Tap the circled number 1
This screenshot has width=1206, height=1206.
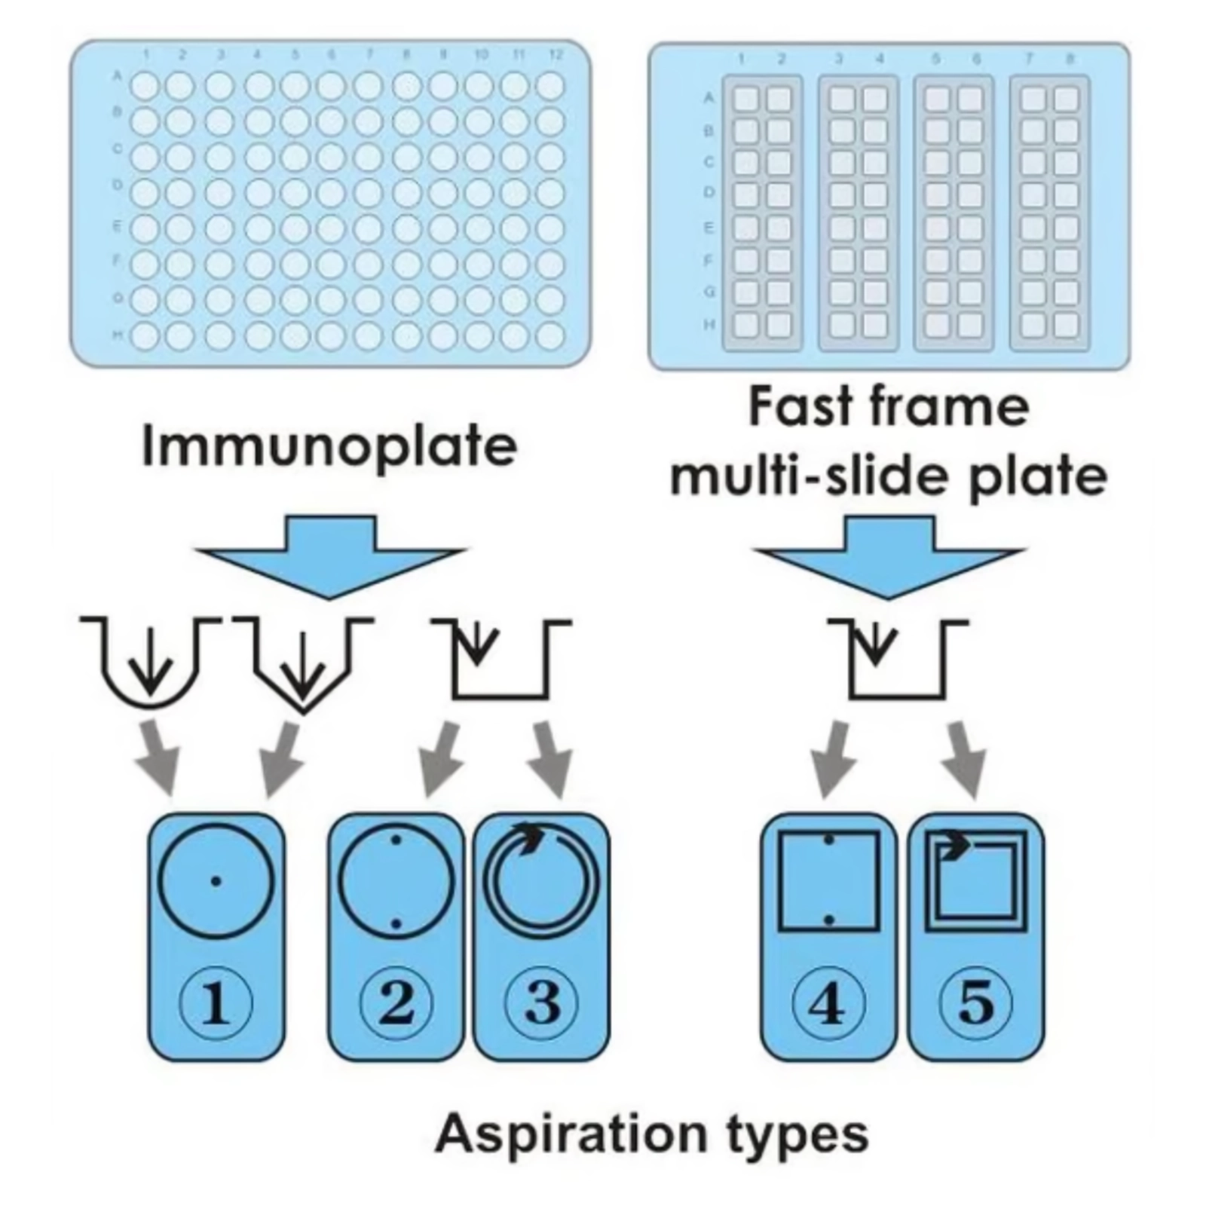216,1002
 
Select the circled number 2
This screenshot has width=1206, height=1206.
396,1002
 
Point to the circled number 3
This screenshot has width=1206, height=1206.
541,1002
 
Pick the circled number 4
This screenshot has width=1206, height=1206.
828,1002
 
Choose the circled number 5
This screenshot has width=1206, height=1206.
975,1002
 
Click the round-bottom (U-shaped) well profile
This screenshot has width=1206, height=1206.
151,663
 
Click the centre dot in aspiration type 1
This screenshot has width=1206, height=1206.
216,880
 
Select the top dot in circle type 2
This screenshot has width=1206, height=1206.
396,838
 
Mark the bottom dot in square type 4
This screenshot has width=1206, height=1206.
829,920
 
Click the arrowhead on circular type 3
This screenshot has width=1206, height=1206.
531,835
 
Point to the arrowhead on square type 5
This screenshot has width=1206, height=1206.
956,845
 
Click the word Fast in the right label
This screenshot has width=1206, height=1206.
800,407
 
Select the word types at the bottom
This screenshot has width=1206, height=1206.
797,1133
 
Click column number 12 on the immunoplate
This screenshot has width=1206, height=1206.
556,55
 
